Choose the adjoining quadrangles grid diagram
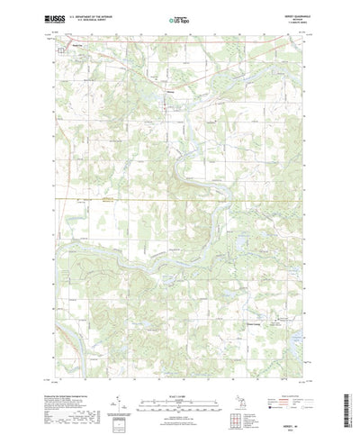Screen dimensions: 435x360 239,395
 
